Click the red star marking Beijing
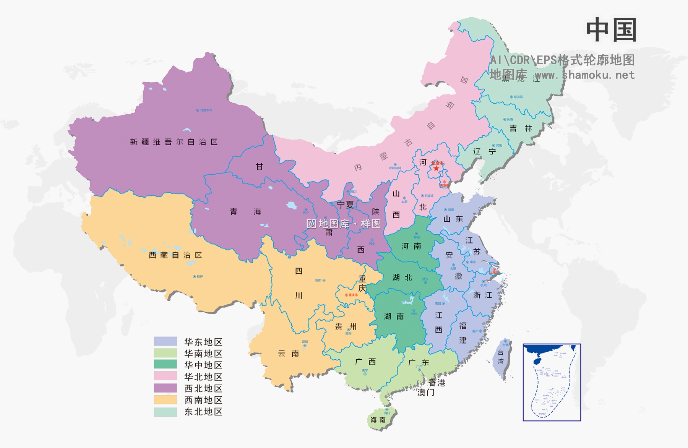(x=436, y=168)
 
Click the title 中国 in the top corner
(x=611, y=30)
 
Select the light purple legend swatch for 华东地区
(x=165, y=341)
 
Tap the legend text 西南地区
(x=203, y=400)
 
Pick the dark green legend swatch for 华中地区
(x=165, y=364)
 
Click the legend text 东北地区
(x=203, y=412)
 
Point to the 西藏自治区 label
(x=175, y=255)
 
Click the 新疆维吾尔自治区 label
(x=174, y=142)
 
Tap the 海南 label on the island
(x=378, y=420)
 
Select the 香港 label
(x=437, y=383)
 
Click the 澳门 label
(x=426, y=392)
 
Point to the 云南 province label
(x=289, y=354)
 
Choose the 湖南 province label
(x=394, y=316)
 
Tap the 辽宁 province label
(x=484, y=151)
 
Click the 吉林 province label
(x=521, y=128)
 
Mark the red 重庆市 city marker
(x=347, y=295)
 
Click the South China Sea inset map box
(x=552, y=382)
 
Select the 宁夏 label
(x=345, y=205)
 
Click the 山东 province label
(x=453, y=219)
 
